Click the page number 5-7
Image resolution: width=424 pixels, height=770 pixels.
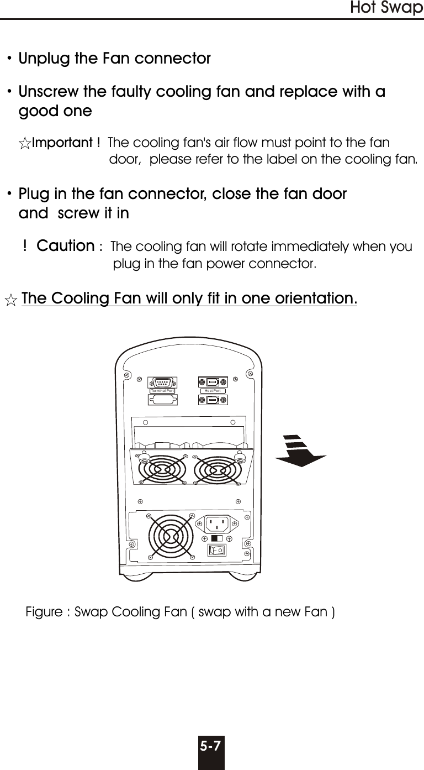pyautogui.click(x=211, y=746)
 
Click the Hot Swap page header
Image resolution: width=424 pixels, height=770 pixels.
pyautogui.click(x=386, y=8)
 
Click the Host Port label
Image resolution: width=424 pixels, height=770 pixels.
pyautogui.click(x=213, y=391)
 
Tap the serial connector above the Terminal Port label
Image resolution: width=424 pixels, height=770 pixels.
pyautogui.click(x=163, y=381)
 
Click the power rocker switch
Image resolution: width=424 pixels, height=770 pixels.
pyautogui.click(x=217, y=550)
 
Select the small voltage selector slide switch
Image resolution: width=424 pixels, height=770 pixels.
pyautogui.click(x=216, y=538)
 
